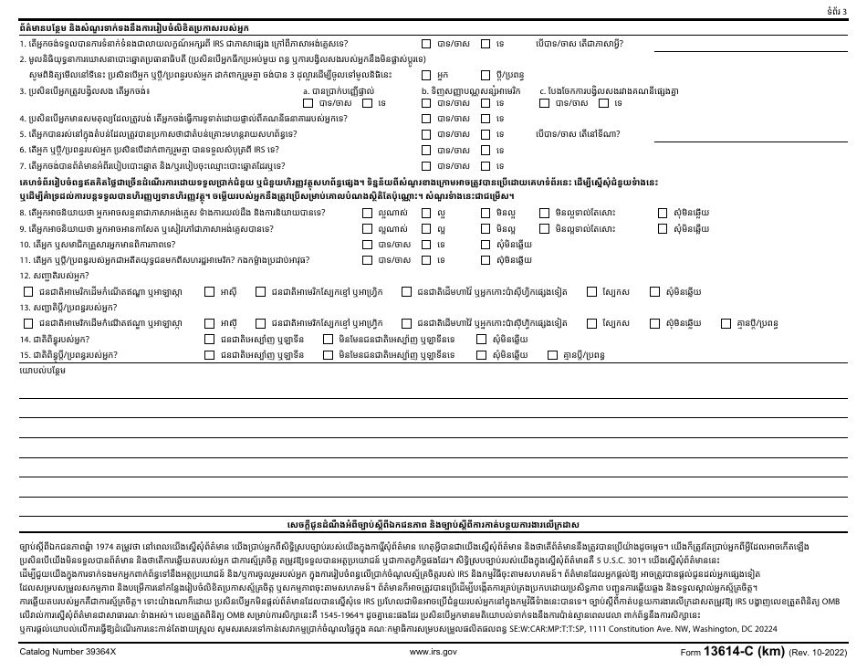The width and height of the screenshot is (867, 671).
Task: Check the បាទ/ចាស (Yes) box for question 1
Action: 426,43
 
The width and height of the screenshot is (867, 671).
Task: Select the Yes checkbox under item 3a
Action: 308,103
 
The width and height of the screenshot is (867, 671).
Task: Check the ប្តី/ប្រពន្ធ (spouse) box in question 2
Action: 486,73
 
